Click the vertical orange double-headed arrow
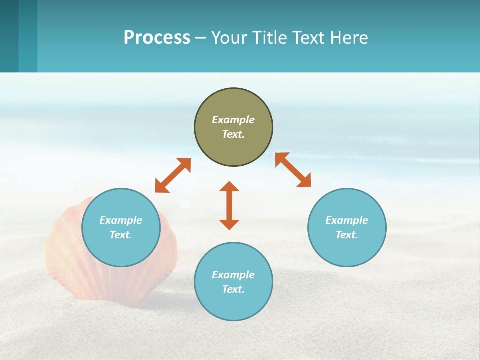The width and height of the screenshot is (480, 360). pyautogui.click(x=229, y=205)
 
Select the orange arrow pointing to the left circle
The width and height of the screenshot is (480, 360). pyautogui.click(x=173, y=175)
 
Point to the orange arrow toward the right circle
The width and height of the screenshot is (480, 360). pyautogui.click(x=293, y=170)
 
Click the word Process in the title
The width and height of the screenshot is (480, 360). pyautogui.click(x=157, y=38)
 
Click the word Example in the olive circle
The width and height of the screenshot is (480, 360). pyautogui.click(x=233, y=120)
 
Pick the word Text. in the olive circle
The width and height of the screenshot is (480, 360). pyautogui.click(x=233, y=134)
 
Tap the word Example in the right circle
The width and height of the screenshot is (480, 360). pyautogui.click(x=347, y=220)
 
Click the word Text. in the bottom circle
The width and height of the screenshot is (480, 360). pyautogui.click(x=233, y=289)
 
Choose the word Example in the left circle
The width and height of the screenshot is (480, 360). pyautogui.click(x=121, y=220)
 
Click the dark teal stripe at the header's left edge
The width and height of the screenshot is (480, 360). pyautogui.click(x=9, y=36)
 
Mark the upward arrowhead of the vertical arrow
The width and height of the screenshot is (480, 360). pyautogui.click(x=229, y=187)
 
